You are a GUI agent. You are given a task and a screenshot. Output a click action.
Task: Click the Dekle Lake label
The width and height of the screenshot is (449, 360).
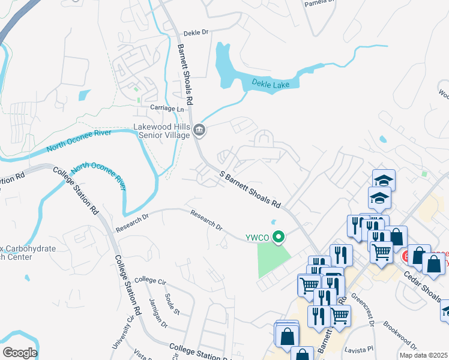point(270,84)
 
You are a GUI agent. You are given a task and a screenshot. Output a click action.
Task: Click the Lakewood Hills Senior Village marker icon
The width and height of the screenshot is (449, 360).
point(199,130)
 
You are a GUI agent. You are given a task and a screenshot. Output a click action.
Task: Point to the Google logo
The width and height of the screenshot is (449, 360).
point(20,353)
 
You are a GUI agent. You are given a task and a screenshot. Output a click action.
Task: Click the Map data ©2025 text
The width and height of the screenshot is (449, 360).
point(423,355)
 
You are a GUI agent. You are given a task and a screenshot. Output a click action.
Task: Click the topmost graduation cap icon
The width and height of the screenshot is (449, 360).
point(383,179)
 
